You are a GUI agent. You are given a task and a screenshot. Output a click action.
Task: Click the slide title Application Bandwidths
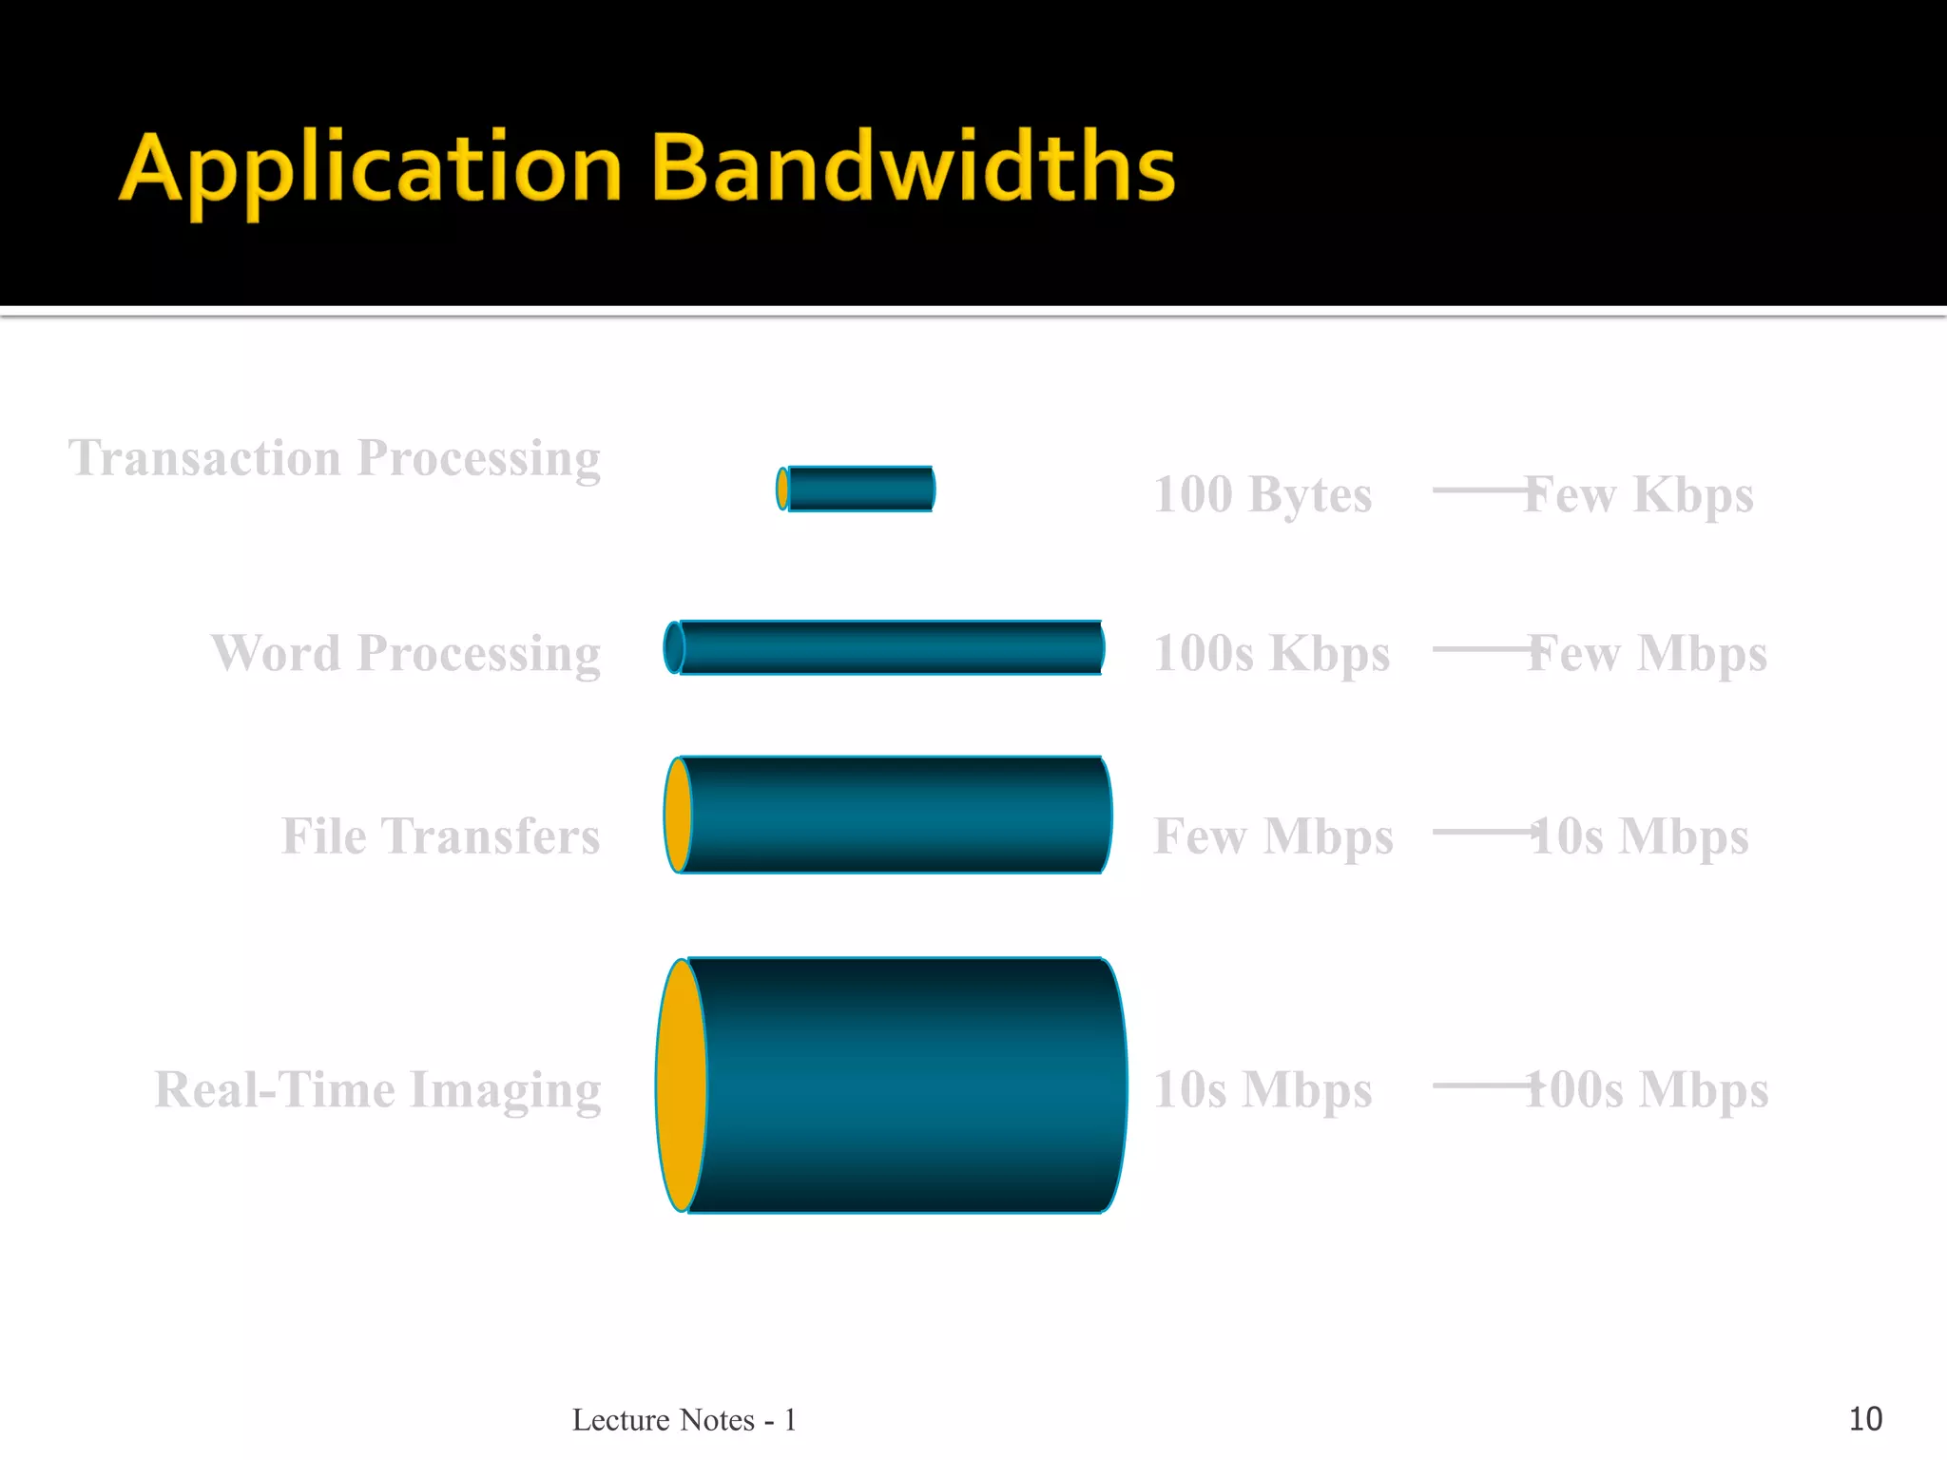pyautogui.click(x=646, y=169)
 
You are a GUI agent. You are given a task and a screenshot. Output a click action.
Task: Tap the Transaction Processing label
pyautogui.click(x=335, y=458)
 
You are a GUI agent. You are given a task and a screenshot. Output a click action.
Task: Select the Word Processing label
pyautogui.click(x=406, y=654)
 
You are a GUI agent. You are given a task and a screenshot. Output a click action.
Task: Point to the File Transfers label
pyautogui.click(x=440, y=836)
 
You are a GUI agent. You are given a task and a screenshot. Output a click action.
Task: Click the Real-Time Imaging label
pyautogui.click(x=377, y=1089)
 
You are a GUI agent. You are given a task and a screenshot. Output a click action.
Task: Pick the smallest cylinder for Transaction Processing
pyautogui.click(x=858, y=489)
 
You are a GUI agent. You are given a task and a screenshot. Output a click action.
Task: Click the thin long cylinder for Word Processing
pyautogui.click(x=890, y=647)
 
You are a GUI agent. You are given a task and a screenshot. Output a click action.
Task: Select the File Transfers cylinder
pyautogui.click(x=894, y=815)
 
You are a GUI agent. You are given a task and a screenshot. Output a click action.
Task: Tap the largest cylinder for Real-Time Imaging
pyautogui.click(x=903, y=1085)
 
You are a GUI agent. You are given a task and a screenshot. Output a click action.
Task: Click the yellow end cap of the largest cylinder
pyautogui.click(x=681, y=1085)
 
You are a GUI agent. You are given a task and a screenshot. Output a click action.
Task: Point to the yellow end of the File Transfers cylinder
pyautogui.click(x=677, y=815)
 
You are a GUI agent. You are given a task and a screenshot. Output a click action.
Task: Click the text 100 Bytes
pyautogui.click(x=1263, y=495)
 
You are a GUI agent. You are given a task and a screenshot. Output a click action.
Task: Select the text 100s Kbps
pyautogui.click(x=1271, y=654)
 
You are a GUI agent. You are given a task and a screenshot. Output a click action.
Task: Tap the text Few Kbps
pyautogui.click(x=1639, y=495)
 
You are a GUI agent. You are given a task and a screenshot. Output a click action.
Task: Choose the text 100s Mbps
pyautogui.click(x=1647, y=1089)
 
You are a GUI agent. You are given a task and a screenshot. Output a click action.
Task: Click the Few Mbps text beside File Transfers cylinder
pyautogui.click(x=1273, y=836)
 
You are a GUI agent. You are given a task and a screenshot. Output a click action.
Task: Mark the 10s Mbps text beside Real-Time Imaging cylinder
pyautogui.click(x=1263, y=1089)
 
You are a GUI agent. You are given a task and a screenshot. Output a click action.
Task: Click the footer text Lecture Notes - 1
pyautogui.click(x=684, y=1419)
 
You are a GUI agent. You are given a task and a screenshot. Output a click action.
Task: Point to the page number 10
pyautogui.click(x=1864, y=1419)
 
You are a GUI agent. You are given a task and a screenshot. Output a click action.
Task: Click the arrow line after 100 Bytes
pyautogui.click(x=1478, y=490)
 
